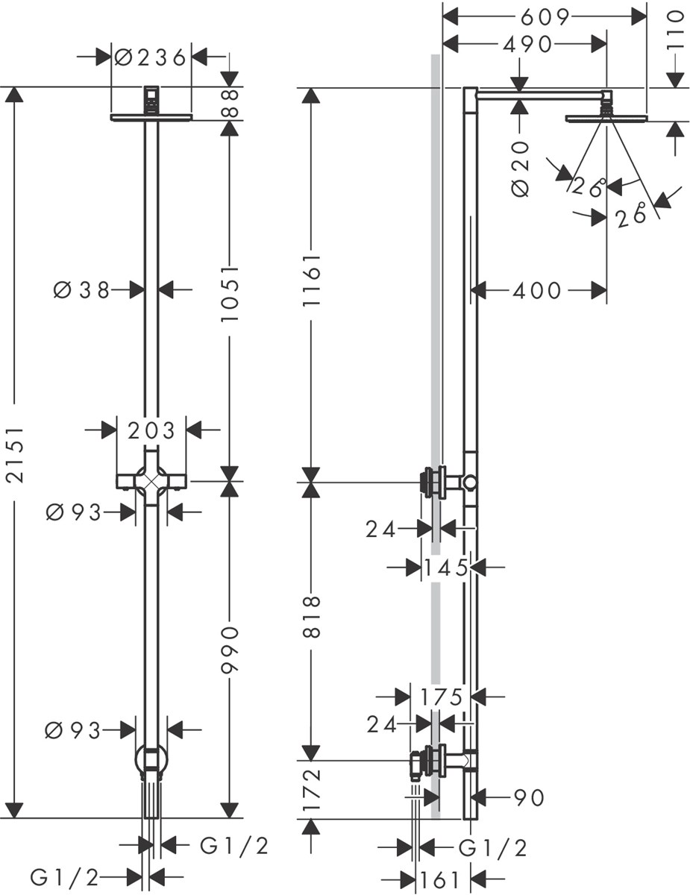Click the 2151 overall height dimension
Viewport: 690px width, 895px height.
pos(16,455)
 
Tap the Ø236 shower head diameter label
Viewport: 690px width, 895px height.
pos(150,57)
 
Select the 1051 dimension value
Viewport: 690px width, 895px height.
pos(230,294)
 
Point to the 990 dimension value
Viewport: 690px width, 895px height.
pos(230,650)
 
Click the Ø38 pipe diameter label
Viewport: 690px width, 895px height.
pos(81,290)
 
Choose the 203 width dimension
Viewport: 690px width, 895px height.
pos(151,431)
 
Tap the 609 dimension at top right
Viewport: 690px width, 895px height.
pos(545,17)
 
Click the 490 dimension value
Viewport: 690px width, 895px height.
pos(527,44)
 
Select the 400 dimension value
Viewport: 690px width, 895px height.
pos(537,290)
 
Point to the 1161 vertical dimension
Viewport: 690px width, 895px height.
pos(311,280)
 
